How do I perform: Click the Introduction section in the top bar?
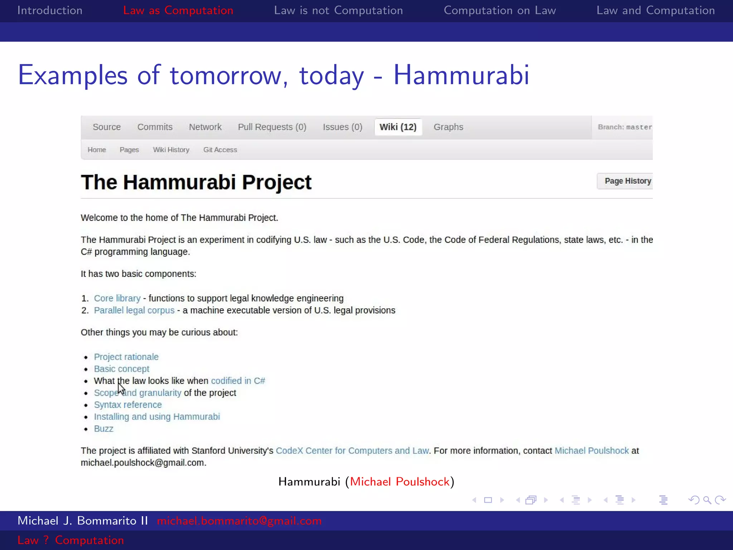click(x=50, y=10)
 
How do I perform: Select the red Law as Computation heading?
click(x=178, y=10)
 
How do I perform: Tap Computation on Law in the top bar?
click(x=500, y=10)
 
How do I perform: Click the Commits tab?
click(x=155, y=127)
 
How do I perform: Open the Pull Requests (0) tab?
click(x=272, y=127)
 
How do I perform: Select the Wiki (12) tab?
click(x=398, y=127)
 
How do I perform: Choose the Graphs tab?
click(x=448, y=127)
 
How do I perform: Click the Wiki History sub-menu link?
click(x=171, y=150)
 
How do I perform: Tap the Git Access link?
click(x=220, y=150)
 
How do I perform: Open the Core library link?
click(x=117, y=298)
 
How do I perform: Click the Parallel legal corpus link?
click(x=134, y=310)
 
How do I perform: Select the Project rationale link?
click(x=126, y=357)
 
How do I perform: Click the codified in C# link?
click(x=238, y=381)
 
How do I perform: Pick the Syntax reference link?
click(x=128, y=405)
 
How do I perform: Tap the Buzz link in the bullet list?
click(x=103, y=429)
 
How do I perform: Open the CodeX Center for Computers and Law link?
click(x=352, y=450)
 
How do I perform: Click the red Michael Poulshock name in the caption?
click(x=399, y=482)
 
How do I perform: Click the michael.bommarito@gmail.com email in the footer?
click(x=239, y=521)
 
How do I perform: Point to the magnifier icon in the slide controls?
click(x=707, y=500)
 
